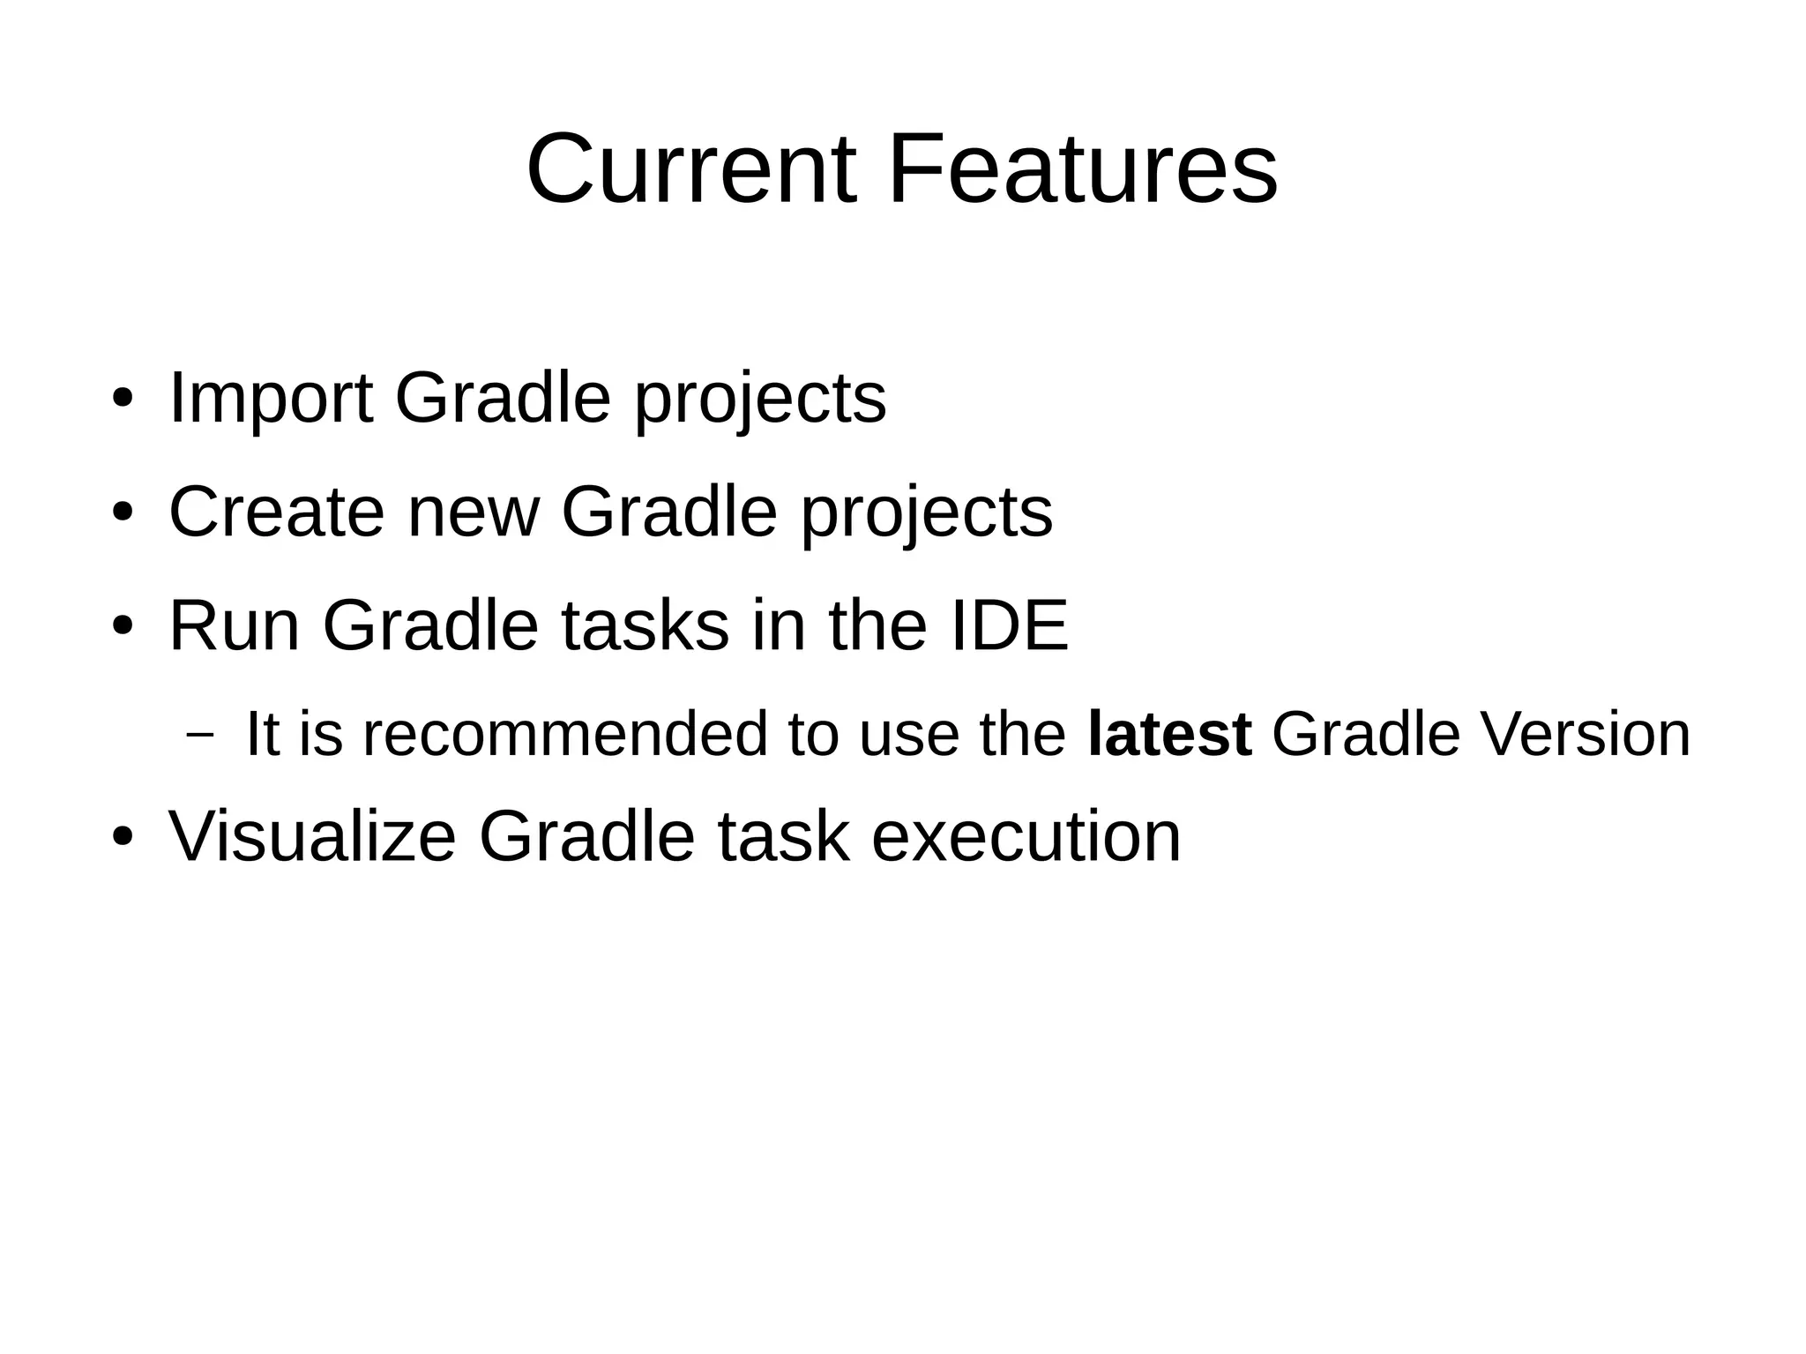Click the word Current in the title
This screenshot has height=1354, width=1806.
690,168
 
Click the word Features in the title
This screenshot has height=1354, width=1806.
1082,168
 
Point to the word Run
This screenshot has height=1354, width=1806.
234,625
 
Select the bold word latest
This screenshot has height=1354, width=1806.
1169,734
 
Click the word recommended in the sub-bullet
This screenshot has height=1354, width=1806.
565,734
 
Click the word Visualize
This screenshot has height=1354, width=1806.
312,836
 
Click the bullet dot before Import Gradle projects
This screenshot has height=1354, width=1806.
122,399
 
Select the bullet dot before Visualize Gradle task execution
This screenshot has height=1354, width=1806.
122,837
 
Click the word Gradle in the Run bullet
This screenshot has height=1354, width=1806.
430,625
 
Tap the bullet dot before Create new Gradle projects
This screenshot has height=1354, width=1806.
122,512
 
